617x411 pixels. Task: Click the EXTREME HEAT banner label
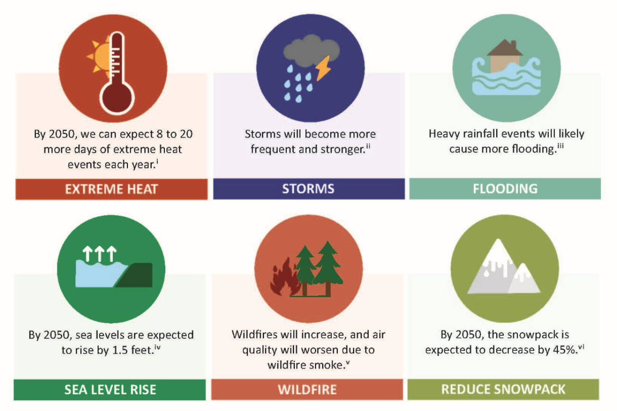pyautogui.click(x=111, y=189)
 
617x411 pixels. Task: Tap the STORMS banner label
pyautogui.click(x=308, y=189)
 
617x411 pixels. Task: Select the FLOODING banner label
pyautogui.click(x=505, y=189)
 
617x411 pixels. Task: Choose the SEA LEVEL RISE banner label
pyautogui.click(x=110, y=390)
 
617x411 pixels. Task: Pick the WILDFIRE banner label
pyautogui.click(x=307, y=390)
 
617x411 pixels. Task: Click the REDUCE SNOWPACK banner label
pyautogui.click(x=503, y=389)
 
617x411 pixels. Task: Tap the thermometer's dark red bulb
pyautogui.click(x=116, y=97)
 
